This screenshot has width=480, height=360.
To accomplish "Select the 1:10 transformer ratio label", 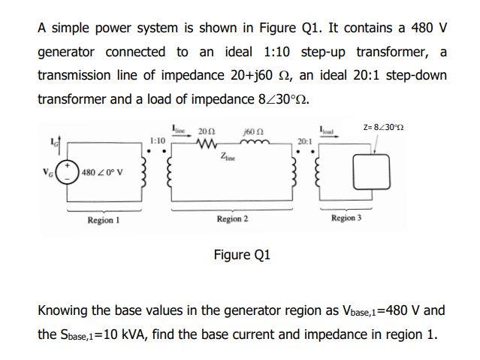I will pos(158,140).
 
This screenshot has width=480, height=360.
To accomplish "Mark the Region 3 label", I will pos(346,218).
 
